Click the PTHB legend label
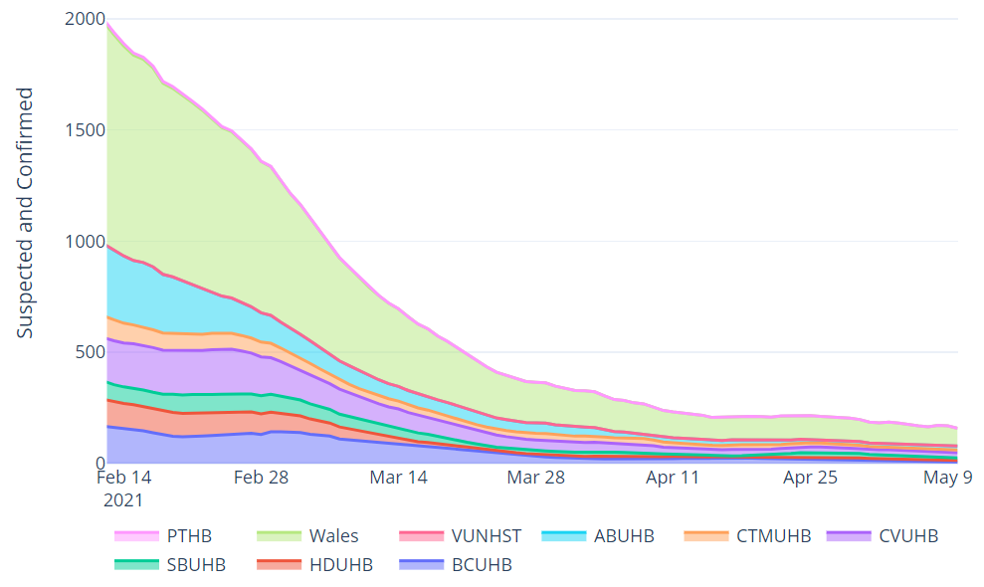(x=189, y=536)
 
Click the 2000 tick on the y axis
(x=84, y=19)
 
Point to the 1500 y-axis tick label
(x=84, y=130)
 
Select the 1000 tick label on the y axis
(x=84, y=242)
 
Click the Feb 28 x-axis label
(x=261, y=478)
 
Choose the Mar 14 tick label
(x=398, y=478)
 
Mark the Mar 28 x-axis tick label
(x=536, y=478)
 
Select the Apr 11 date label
(x=674, y=478)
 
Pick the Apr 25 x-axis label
(x=811, y=478)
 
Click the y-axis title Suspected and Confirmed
(x=26, y=213)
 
